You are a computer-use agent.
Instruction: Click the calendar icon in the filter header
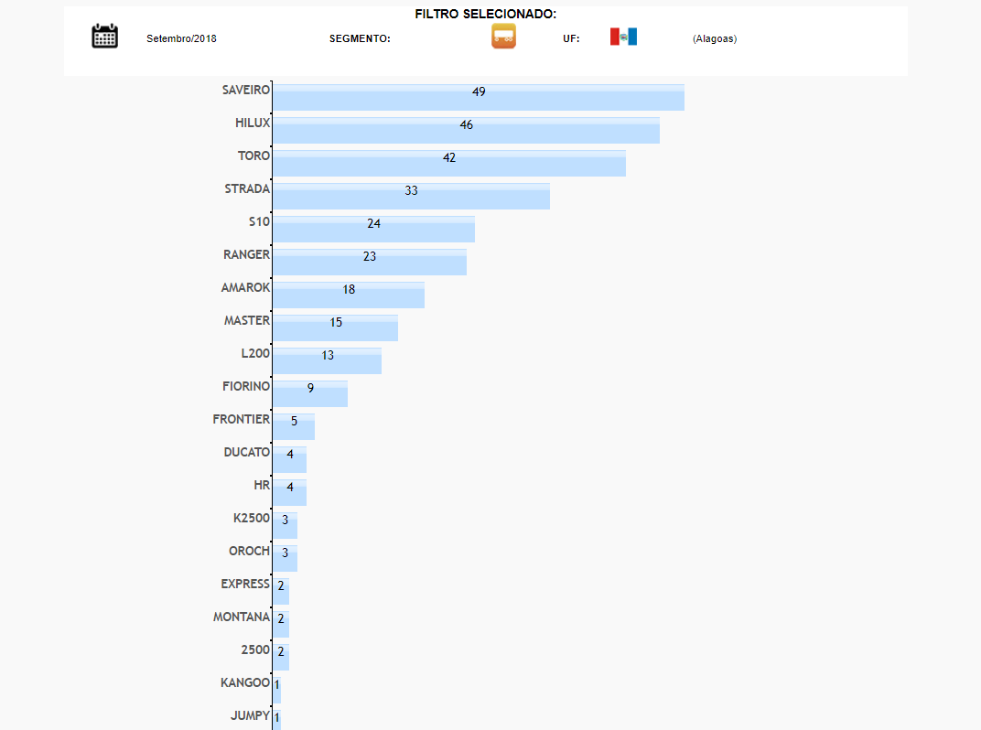click(105, 37)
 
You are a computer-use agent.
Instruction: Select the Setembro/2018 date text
click(181, 38)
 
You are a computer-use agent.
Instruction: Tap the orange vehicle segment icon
click(503, 37)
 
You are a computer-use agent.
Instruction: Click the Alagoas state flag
click(623, 37)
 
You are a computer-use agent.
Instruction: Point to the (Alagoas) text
click(715, 38)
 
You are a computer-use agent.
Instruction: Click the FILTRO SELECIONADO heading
click(485, 14)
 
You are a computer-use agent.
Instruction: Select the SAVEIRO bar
click(478, 98)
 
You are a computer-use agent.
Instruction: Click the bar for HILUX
click(466, 131)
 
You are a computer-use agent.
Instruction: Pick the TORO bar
click(448, 164)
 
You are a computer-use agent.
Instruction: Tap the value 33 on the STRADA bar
click(412, 190)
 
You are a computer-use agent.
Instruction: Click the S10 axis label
click(259, 221)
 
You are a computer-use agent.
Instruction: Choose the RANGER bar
click(370, 263)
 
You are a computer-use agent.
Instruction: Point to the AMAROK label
click(245, 287)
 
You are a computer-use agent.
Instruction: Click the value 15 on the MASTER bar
click(336, 322)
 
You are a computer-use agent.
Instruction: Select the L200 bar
click(327, 361)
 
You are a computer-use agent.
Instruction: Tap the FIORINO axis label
click(246, 386)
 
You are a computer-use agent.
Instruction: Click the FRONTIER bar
click(294, 427)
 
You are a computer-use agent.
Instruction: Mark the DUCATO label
click(247, 452)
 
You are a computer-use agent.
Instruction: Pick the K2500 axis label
click(252, 518)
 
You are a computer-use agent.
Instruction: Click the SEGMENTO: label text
click(360, 38)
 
